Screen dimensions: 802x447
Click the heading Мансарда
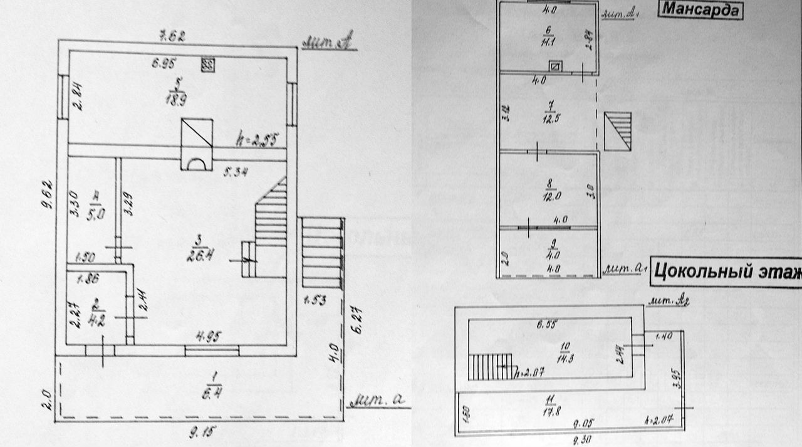click(700, 10)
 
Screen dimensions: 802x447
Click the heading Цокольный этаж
click(726, 272)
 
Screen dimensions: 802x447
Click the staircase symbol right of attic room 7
click(618, 131)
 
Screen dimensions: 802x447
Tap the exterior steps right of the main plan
click(323, 253)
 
